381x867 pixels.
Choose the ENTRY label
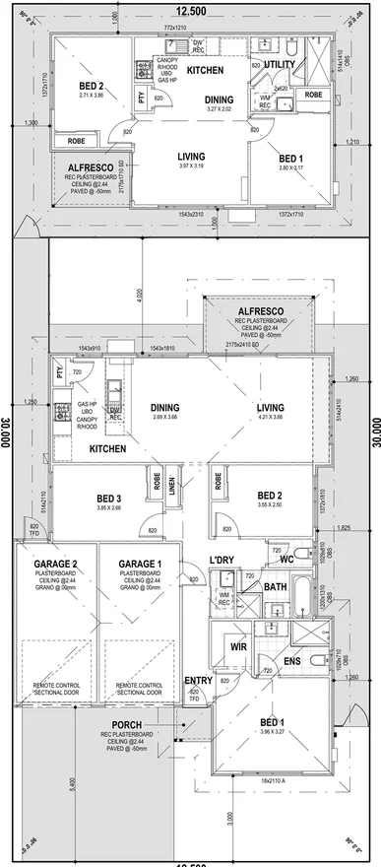pos(198,681)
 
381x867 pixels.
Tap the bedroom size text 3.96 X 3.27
pos(272,732)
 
